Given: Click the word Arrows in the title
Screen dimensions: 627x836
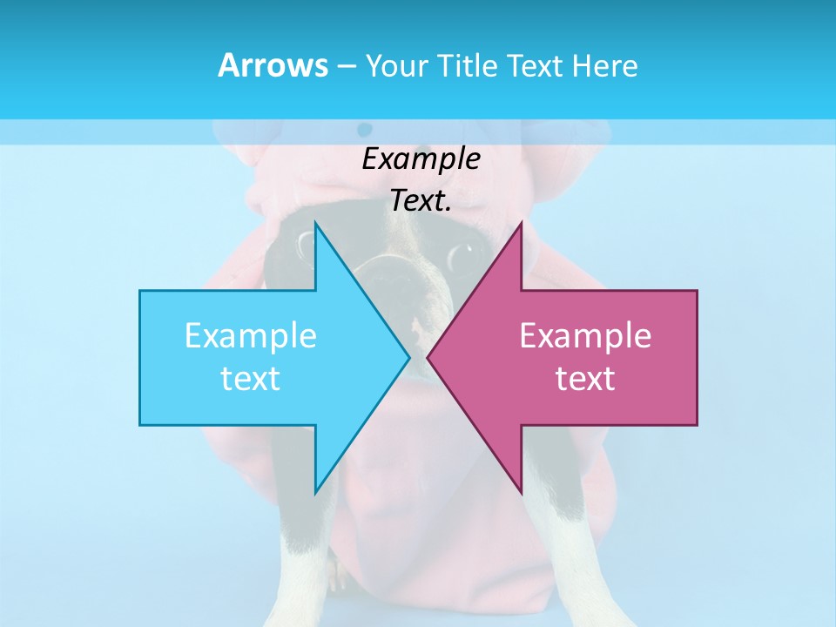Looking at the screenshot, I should [273, 65].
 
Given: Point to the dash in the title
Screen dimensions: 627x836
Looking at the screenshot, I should [346, 66].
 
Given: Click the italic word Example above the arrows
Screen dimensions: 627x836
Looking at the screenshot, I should [421, 158].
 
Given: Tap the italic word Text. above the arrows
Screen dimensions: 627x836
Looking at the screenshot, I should [421, 200].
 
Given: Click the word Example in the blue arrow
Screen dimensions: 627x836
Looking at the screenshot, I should [251, 335].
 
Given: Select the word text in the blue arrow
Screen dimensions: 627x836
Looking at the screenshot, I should [251, 379].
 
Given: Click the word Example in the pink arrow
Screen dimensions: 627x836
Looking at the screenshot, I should [585, 335].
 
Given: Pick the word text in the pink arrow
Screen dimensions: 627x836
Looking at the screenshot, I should [585, 379].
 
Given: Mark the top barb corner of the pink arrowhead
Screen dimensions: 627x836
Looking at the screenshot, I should [521, 224].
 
